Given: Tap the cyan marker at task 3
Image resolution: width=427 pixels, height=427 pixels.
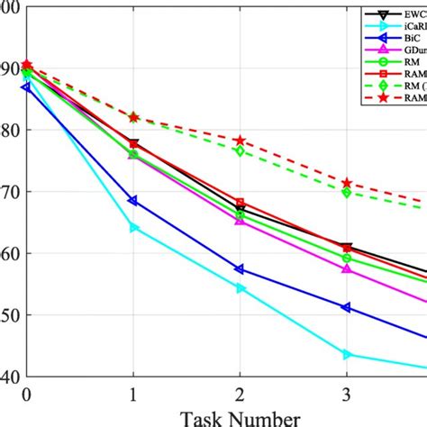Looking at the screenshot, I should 346,355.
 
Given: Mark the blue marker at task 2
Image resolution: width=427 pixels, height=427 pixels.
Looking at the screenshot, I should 240,269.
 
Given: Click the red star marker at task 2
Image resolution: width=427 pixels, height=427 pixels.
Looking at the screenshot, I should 240,141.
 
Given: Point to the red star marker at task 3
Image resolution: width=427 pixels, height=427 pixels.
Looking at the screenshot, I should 346,183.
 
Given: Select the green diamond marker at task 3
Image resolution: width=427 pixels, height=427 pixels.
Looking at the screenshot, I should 346,192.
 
